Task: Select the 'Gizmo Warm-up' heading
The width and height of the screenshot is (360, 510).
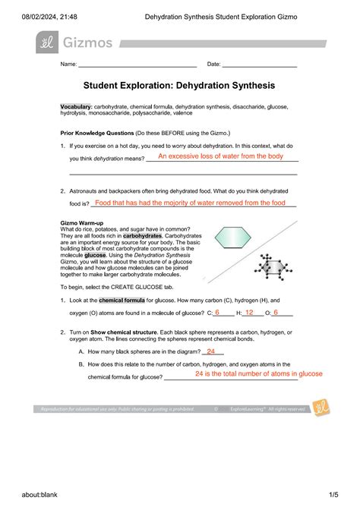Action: coord(84,223)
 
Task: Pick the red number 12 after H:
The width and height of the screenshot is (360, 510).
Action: coord(249,312)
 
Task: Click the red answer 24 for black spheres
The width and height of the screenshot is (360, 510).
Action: coord(210,351)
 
